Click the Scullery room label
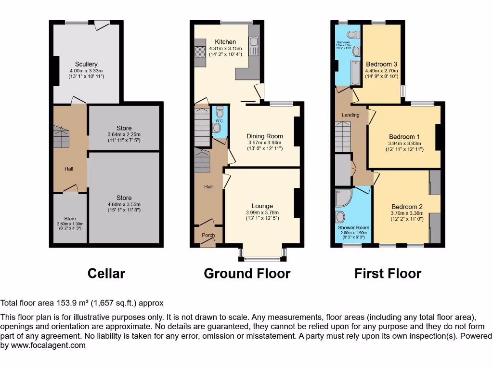click(x=86, y=64)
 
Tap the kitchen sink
click(x=254, y=47)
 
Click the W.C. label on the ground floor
click(x=219, y=120)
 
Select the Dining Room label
click(x=265, y=136)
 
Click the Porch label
click(x=208, y=235)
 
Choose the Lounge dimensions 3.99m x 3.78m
click(x=262, y=213)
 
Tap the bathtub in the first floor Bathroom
click(x=355, y=73)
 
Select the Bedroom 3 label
click(x=381, y=64)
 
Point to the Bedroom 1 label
click(x=404, y=137)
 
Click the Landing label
click(x=350, y=115)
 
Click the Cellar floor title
click(x=106, y=274)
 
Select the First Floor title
click(x=388, y=274)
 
